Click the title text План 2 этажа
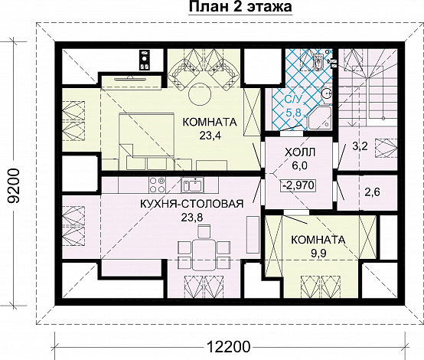coord(240,6)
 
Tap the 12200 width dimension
coord(229,347)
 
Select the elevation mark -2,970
coord(298,185)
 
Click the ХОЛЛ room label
coord(300,152)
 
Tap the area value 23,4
coord(210,136)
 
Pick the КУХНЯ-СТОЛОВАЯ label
coord(192,204)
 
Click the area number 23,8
coord(192,217)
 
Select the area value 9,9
coord(318,253)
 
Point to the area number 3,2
coord(360,146)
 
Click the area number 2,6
coord(372,192)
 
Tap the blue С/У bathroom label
coord(292,100)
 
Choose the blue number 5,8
coord(293,112)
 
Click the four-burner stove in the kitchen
coord(157,185)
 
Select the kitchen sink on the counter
coord(192,185)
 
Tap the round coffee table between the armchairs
coord(200,95)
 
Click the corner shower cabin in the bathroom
coord(319,118)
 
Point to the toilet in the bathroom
coord(318,62)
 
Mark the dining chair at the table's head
coord(204,231)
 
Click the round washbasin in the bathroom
coord(327,94)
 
